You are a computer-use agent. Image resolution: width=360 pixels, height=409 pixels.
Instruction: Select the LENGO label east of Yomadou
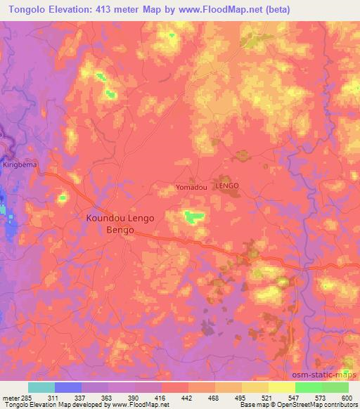tap(227, 186)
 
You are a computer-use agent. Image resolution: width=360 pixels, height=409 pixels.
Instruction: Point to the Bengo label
tap(119, 230)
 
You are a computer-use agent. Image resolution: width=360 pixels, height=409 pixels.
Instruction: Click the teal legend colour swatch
tap(41, 387)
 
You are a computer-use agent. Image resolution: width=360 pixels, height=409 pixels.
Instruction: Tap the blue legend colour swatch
tap(68, 387)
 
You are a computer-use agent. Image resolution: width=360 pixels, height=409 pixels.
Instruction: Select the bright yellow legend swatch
tap(281, 387)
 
